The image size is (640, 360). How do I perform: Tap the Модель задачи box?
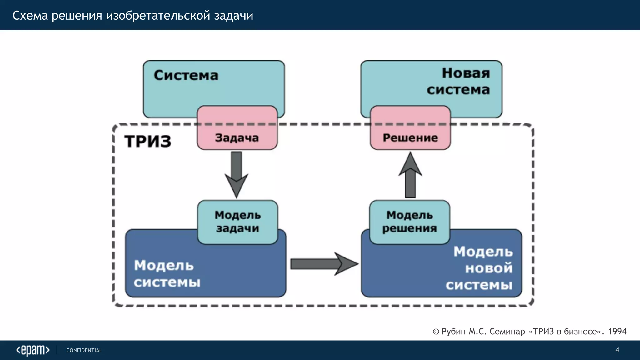point(237,222)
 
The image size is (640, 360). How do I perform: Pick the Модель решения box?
point(410,222)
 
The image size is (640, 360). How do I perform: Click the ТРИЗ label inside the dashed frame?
point(148,141)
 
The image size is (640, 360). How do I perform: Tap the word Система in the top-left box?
point(186,75)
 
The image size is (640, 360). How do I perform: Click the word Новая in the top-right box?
point(466,73)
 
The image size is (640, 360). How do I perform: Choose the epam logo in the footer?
point(33,350)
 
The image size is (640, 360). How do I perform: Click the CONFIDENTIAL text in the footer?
point(84,350)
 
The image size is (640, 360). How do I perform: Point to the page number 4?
point(617,350)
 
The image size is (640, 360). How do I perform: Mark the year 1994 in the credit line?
point(617,331)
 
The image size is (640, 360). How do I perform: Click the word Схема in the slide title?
point(30,15)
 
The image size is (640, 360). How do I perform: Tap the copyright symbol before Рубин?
point(436,332)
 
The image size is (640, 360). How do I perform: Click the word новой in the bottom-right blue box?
point(489,268)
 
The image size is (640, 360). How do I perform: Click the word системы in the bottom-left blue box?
point(167,282)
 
